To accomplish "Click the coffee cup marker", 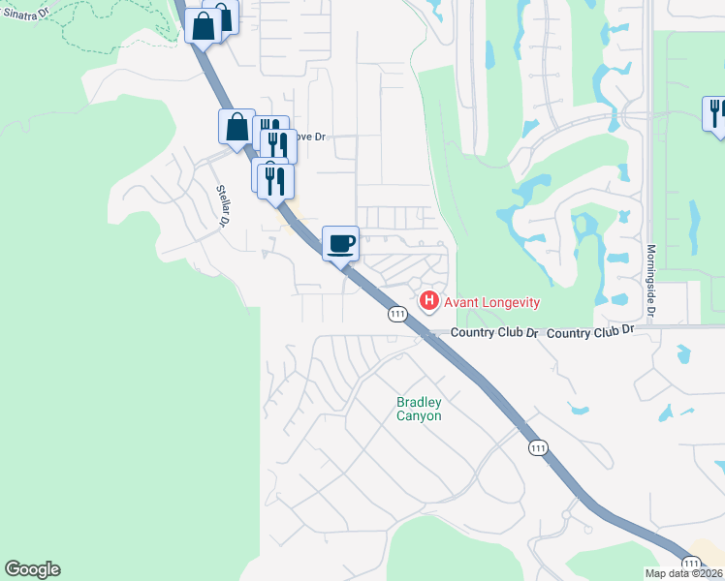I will coord(339,243).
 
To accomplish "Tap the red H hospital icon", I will coord(427,302).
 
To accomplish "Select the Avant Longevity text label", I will coord(492,302).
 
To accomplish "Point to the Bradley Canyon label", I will coord(419,409).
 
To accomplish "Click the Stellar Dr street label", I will coord(222,205).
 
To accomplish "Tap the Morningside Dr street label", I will coord(650,280).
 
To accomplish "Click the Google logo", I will coord(32,569).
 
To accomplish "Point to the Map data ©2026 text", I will coord(684,573).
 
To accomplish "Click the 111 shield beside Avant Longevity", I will coord(396,314).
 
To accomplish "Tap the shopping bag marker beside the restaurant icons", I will coord(236,127).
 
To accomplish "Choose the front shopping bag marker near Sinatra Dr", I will coord(203,26).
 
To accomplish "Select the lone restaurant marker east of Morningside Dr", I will coord(715,113).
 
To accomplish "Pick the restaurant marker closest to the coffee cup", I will coord(276,180).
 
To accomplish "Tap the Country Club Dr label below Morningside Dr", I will coord(589,331).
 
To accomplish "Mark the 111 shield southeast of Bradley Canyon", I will coord(539,447).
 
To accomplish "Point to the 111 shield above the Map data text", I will coord(690,562).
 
